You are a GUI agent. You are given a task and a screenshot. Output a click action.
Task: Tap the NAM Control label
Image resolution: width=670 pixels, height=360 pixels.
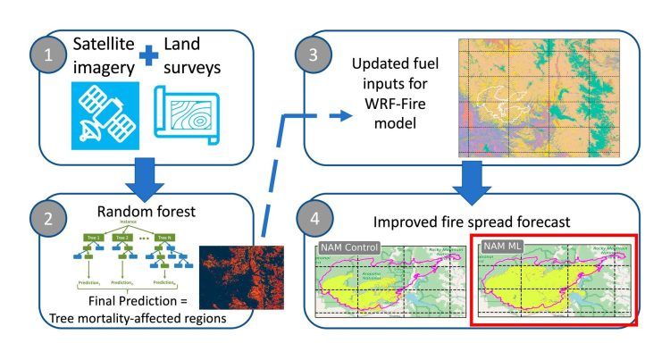[x=348, y=246]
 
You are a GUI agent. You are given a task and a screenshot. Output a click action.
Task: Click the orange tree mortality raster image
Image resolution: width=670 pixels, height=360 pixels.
[x=239, y=283]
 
